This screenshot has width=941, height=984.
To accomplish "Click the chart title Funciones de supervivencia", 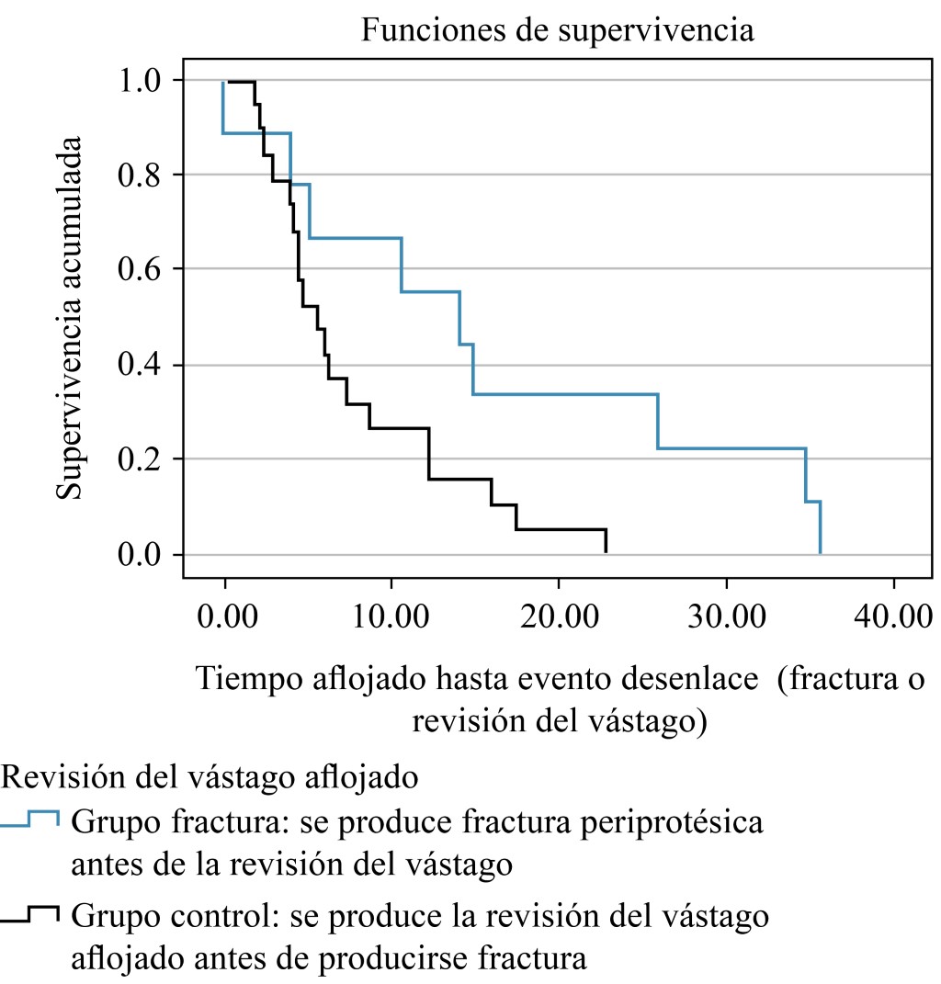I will (558, 30).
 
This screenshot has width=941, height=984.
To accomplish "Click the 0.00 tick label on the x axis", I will (224, 614).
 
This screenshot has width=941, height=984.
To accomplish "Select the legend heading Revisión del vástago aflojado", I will (210, 777).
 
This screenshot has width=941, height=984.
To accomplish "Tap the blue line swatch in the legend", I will (30, 820).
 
